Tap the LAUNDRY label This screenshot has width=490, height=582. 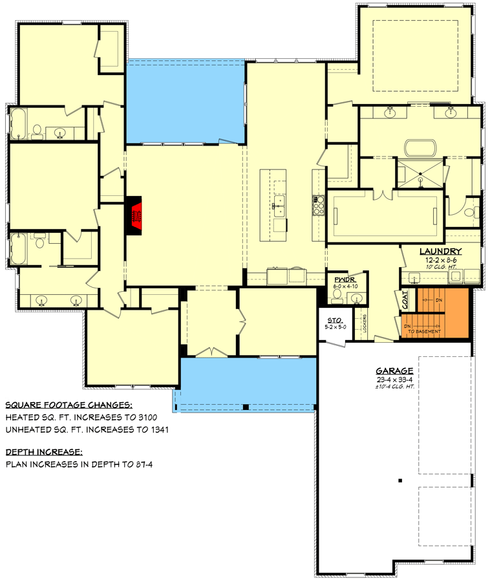440,251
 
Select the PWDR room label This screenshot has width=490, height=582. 341,279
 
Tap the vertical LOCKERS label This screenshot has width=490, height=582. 365,323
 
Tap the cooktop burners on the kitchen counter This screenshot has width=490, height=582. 318,204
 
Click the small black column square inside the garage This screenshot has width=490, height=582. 400,480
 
